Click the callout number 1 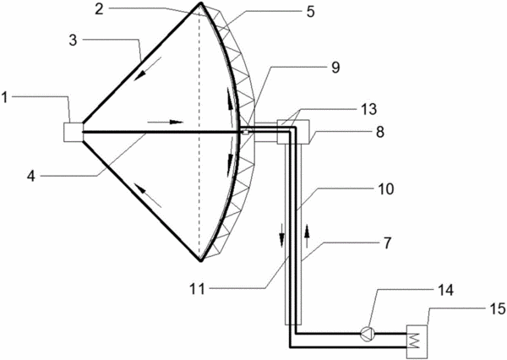4,98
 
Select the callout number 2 99,9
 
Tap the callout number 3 73,41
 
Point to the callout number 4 31,177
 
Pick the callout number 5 310,12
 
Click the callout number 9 335,68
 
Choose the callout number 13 369,109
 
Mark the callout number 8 379,132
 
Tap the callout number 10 385,189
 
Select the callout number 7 387,243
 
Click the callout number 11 197,289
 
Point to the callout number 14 445,290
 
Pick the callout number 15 498,309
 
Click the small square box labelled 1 74,132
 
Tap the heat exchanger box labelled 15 417,341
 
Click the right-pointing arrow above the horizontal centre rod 166,123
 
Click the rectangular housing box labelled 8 293,132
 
